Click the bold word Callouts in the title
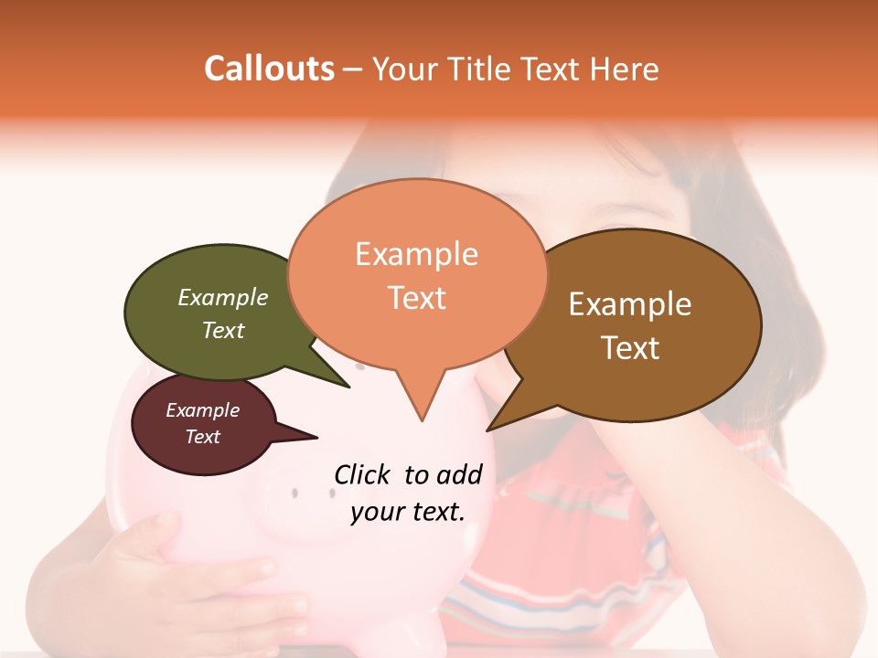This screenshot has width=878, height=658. (269, 69)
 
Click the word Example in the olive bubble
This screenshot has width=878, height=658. (223, 298)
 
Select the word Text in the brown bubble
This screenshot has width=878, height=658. (630, 348)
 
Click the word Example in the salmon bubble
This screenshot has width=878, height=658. (416, 254)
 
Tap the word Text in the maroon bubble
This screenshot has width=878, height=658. (203, 437)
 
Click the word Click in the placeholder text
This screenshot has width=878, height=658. (363, 474)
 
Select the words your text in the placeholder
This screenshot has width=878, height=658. (407, 512)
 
